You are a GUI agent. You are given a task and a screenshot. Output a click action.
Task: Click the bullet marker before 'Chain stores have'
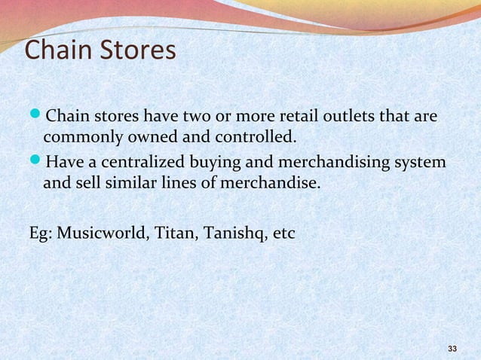(35, 117)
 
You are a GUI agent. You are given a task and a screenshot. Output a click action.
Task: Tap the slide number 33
(452, 349)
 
